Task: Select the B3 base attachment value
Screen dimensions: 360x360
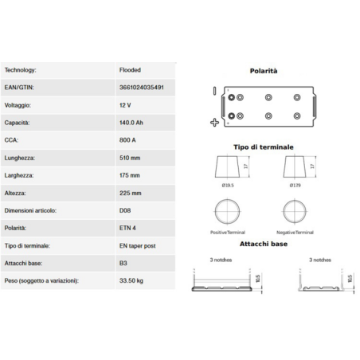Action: pos(122,264)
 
